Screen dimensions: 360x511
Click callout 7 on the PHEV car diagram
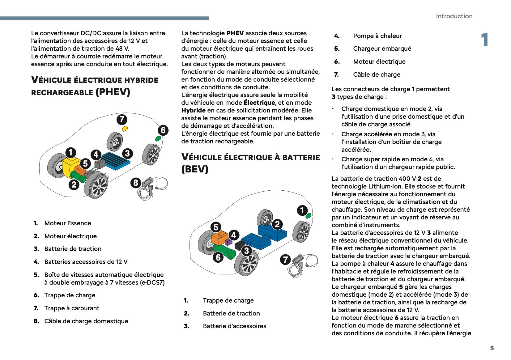[122, 120]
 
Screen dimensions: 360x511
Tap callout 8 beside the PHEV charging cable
[135, 183]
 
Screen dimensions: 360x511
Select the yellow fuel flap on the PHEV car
[125, 129]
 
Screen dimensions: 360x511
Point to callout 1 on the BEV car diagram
[302, 210]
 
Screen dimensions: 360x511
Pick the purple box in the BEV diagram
[228, 242]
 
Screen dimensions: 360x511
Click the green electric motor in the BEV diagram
[225, 252]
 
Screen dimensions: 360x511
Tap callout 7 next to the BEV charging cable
[285, 259]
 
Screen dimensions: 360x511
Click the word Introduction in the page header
[454, 16]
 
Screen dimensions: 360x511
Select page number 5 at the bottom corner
[492, 348]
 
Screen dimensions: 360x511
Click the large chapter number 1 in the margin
[484, 40]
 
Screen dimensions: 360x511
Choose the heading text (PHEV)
[113, 92]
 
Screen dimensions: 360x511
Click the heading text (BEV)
[195, 169]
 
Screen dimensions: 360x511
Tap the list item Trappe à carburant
[72, 308]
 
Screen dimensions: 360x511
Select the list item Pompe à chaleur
[377, 36]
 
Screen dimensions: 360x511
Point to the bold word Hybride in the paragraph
[193, 110]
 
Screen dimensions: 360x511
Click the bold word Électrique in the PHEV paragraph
[259, 103]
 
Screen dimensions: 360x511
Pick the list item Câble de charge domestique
[86, 321]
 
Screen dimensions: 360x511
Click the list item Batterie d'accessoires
[234, 326]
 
